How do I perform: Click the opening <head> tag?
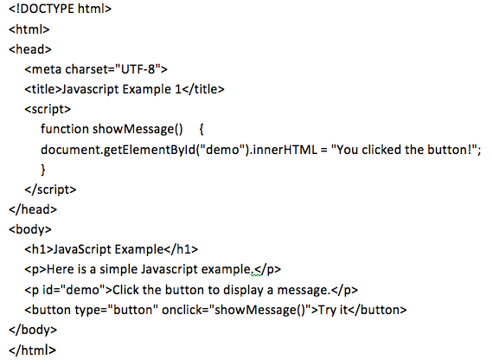coord(30,49)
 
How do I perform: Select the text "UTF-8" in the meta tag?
coord(138,69)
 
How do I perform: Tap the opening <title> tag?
coord(42,89)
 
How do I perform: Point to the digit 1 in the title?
coord(177,89)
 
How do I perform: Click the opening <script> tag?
coord(48,109)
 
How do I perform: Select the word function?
coord(65,129)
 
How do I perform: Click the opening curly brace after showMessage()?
coord(202,129)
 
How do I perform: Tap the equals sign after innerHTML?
coord(323,150)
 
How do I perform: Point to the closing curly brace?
coord(43,170)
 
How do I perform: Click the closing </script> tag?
coord(50,190)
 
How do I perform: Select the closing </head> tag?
coord(33,209)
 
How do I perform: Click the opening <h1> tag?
coord(39,249)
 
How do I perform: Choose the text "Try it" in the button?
coord(333,311)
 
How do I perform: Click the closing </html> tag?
coord(32,350)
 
